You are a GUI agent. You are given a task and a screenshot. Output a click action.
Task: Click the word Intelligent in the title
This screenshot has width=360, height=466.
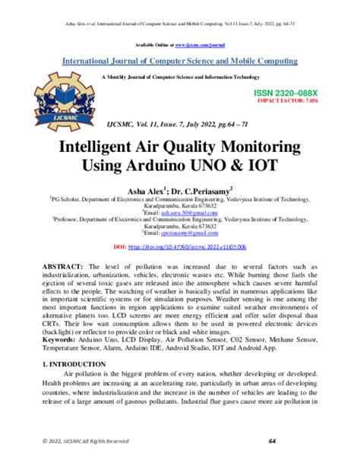click(x=116, y=145)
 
